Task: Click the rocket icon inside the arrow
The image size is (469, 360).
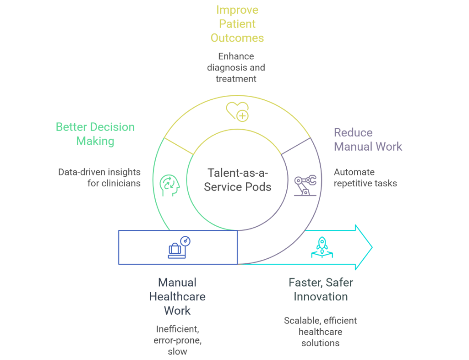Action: (x=322, y=246)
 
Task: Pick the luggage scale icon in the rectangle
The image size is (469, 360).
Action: (x=178, y=248)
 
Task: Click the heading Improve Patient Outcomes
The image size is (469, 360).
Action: (x=237, y=24)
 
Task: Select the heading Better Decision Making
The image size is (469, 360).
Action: (x=95, y=134)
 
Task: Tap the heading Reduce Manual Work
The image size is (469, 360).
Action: (x=368, y=140)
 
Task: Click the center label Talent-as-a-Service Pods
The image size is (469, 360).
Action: (x=238, y=180)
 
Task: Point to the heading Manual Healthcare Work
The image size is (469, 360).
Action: (x=177, y=296)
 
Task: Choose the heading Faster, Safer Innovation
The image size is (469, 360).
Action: (x=321, y=289)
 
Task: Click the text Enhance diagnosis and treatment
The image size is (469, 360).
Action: (x=236, y=67)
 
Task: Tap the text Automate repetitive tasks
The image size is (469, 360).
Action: (x=365, y=178)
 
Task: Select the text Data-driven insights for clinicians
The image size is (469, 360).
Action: (x=99, y=178)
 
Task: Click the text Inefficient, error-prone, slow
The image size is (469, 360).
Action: (x=177, y=340)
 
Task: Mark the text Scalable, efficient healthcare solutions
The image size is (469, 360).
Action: (x=320, y=332)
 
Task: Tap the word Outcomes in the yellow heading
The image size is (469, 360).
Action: (x=237, y=38)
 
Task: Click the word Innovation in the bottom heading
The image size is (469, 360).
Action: (x=321, y=297)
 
